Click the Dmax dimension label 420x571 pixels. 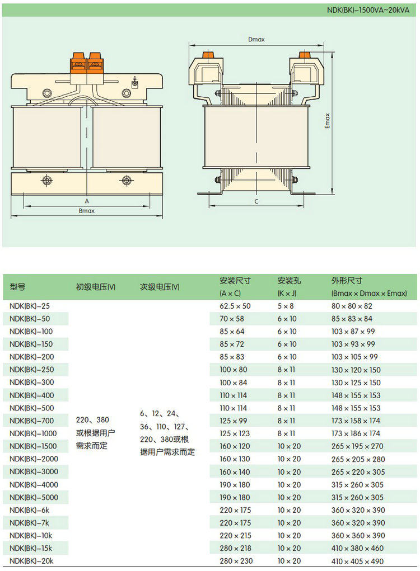tap(256, 40)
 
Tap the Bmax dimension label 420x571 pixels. tap(86, 211)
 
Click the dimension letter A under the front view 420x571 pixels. tap(87, 200)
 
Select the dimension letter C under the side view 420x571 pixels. tap(256, 201)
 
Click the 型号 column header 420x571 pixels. tap(17, 287)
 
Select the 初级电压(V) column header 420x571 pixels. tap(95, 287)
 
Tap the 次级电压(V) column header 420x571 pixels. tap(160, 287)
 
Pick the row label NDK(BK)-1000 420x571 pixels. tap(33, 433)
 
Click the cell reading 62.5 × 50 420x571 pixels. tap(235, 306)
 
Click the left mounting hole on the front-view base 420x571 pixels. tap(46, 180)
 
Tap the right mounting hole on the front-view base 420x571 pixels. tap(127, 180)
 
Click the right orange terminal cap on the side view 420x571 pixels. tap(305, 55)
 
